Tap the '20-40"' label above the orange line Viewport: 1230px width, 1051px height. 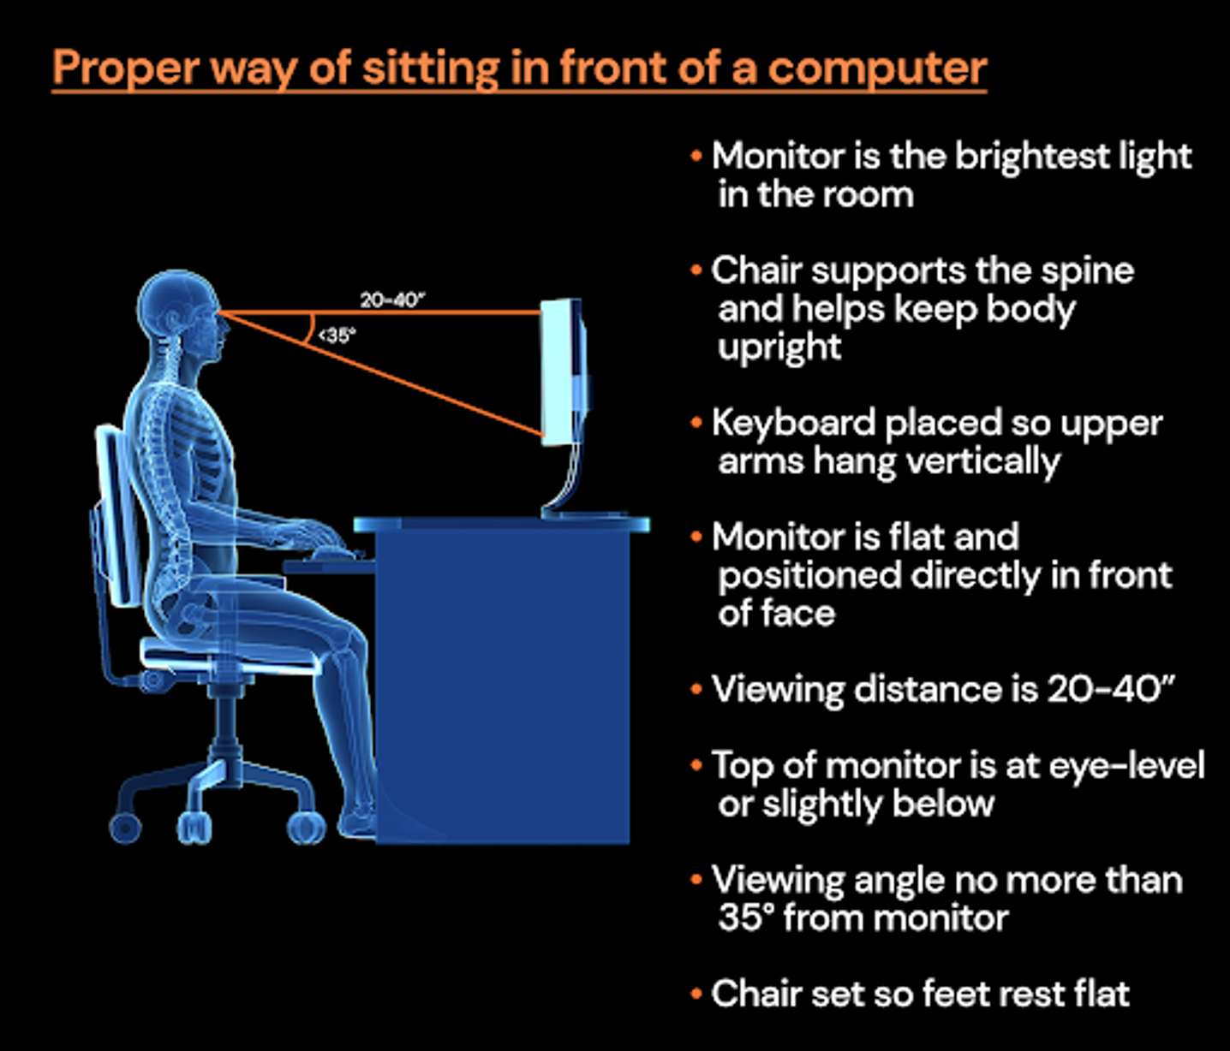click(x=392, y=300)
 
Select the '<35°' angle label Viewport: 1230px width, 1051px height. click(x=337, y=335)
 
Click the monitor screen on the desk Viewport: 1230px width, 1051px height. click(x=558, y=372)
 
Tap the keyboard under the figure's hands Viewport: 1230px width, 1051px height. click(x=337, y=555)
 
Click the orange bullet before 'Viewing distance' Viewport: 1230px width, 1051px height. click(x=696, y=690)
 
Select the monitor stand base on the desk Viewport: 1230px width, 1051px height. click(x=586, y=514)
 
